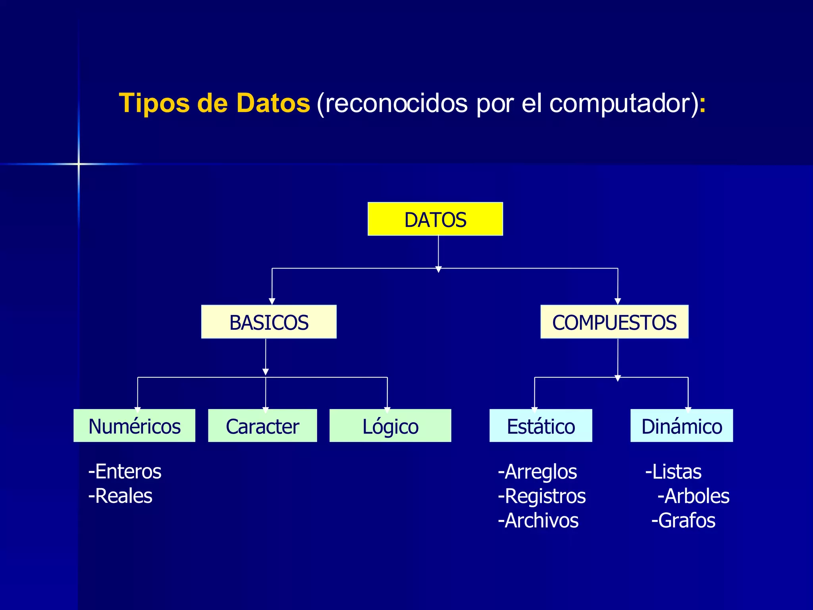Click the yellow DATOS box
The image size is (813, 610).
pos(435,219)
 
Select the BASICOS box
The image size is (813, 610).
pos(269,322)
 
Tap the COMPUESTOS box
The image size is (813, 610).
pos(614,322)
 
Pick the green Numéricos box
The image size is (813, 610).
pos(134,426)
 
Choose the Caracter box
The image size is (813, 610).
pos(262,426)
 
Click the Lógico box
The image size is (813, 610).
pos(390,426)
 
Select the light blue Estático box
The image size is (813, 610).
pos(541,426)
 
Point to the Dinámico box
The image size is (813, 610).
pos(682,426)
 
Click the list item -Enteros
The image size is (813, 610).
pos(125,472)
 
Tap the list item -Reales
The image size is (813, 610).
pos(120,496)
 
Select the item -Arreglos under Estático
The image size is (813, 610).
pos(538,472)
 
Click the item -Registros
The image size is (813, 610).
pos(542,496)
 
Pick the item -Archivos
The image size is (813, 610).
pos(538,520)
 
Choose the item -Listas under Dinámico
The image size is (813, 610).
pos(674,472)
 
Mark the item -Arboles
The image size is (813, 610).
pos(694,496)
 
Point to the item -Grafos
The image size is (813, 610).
pos(684,520)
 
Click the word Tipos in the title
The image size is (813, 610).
pos(154,103)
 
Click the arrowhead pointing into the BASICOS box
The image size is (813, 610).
pos(272,301)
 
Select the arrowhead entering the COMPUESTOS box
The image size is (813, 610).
pos(618,301)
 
